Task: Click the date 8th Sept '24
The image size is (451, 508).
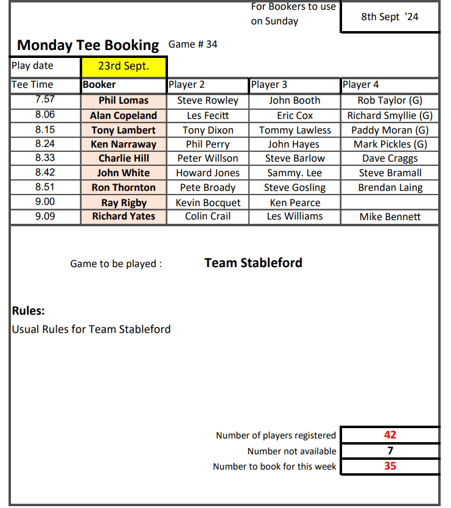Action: [390, 16]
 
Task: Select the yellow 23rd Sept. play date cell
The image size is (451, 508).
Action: [124, 66]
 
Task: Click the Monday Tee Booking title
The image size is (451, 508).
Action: [88, 45]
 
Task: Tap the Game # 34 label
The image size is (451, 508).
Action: [192, 45]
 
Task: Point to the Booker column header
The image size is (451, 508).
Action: [99, 85]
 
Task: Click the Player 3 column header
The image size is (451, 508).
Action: [269, 85]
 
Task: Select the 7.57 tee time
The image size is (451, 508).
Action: [45, 99]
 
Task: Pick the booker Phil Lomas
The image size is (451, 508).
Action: [124, 101]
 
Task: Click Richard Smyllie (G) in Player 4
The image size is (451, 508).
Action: [390, 115]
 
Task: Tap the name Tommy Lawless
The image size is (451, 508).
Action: [295, 130]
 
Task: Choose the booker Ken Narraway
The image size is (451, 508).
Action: [124, 145]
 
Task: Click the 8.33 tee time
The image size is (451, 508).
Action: [45, 158]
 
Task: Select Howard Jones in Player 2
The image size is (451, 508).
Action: [208, 173]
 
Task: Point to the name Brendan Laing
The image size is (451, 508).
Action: [390, 188]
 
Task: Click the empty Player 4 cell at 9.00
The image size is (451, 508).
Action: [390, 202]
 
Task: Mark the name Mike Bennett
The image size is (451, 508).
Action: [390, 216]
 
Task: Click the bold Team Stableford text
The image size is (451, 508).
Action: [253, 263]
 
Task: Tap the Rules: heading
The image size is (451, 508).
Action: [29, 310]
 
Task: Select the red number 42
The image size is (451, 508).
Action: [390, 435]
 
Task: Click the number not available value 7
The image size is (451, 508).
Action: [390, 451]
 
